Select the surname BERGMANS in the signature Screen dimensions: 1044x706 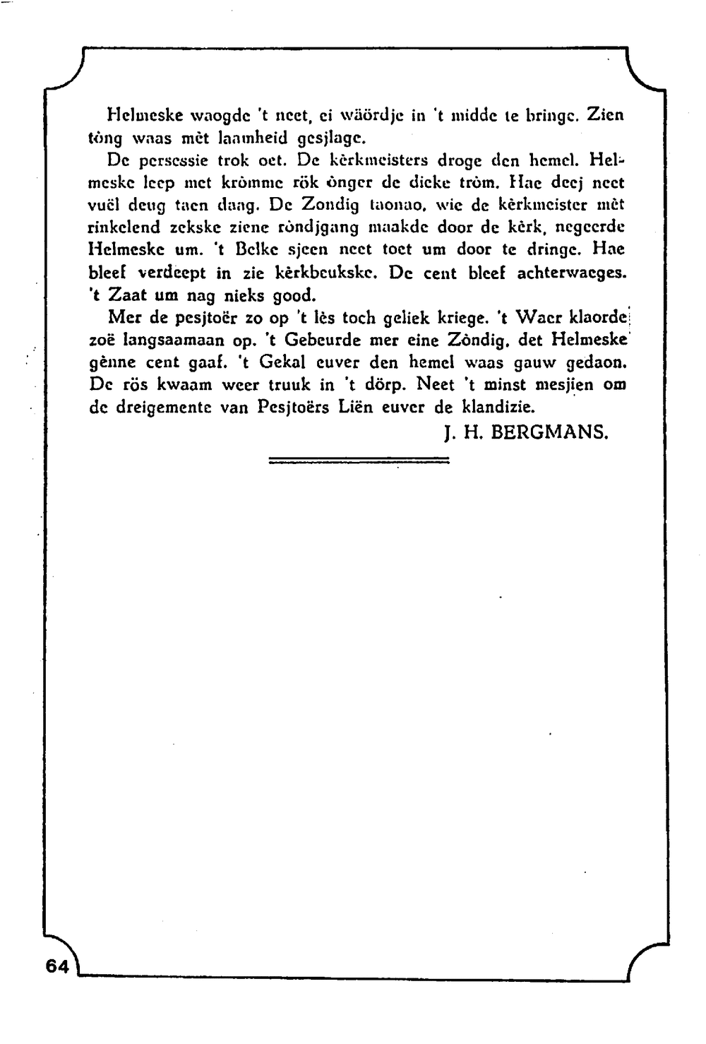(549, 432)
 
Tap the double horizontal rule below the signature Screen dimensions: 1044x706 (359, 461)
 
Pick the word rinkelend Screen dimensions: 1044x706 (126, 227)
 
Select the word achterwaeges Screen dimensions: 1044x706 (572, 273)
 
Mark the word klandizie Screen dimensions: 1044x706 (499, 408)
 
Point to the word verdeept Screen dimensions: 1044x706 (172, 273)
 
